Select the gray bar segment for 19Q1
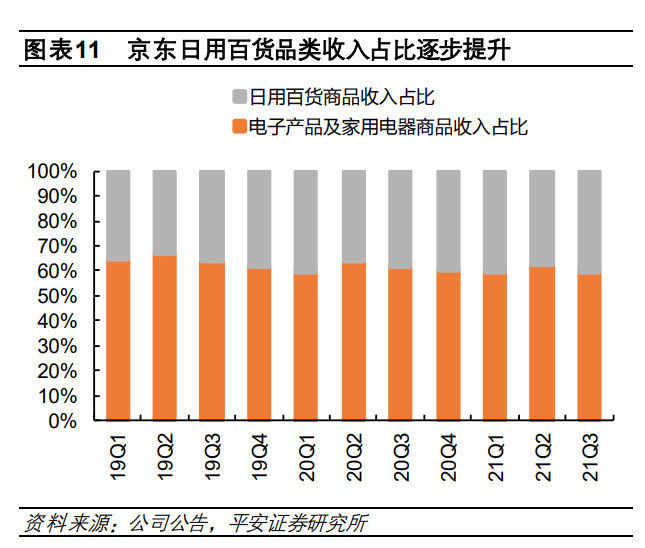point(118,215)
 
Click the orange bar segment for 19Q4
point(259,344)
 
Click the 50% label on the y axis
point(58,296)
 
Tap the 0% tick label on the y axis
point(63,421)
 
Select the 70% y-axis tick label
point(58,246)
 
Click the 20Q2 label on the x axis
point(354,454)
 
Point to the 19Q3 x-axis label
point(212,454)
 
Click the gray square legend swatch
point(239,97)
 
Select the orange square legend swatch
point(239,127)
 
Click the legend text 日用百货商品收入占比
point(341,97)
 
